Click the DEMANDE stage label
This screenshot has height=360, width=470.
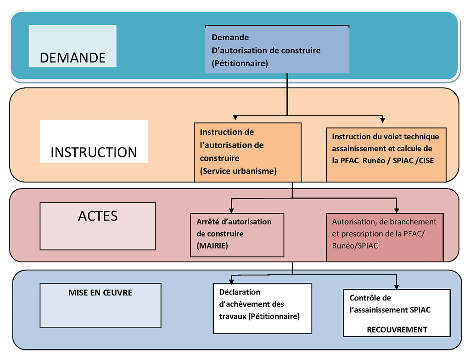(x=73, y=58)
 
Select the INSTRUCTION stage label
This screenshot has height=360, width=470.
(x=94, y=152)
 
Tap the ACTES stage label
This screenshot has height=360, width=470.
(x=98, y=216)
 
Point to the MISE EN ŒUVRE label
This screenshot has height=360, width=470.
(x=100, y=293)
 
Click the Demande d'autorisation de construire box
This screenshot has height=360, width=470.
(x=277, y=50)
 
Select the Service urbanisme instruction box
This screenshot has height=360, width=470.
(x=247, y=151)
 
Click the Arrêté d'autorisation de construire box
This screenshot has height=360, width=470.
(x=237, y=234)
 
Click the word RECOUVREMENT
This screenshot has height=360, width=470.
(x=397, y=330)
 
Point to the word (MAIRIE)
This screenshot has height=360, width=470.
(x=212, y=246)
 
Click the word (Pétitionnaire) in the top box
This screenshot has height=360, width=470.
(x=240, y=63)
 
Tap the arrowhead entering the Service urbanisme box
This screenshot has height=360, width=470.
(x=235, y=119)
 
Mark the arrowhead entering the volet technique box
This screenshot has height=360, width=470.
(x=382, y=120)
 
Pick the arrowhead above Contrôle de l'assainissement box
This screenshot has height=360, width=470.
(x=396, y=285)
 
